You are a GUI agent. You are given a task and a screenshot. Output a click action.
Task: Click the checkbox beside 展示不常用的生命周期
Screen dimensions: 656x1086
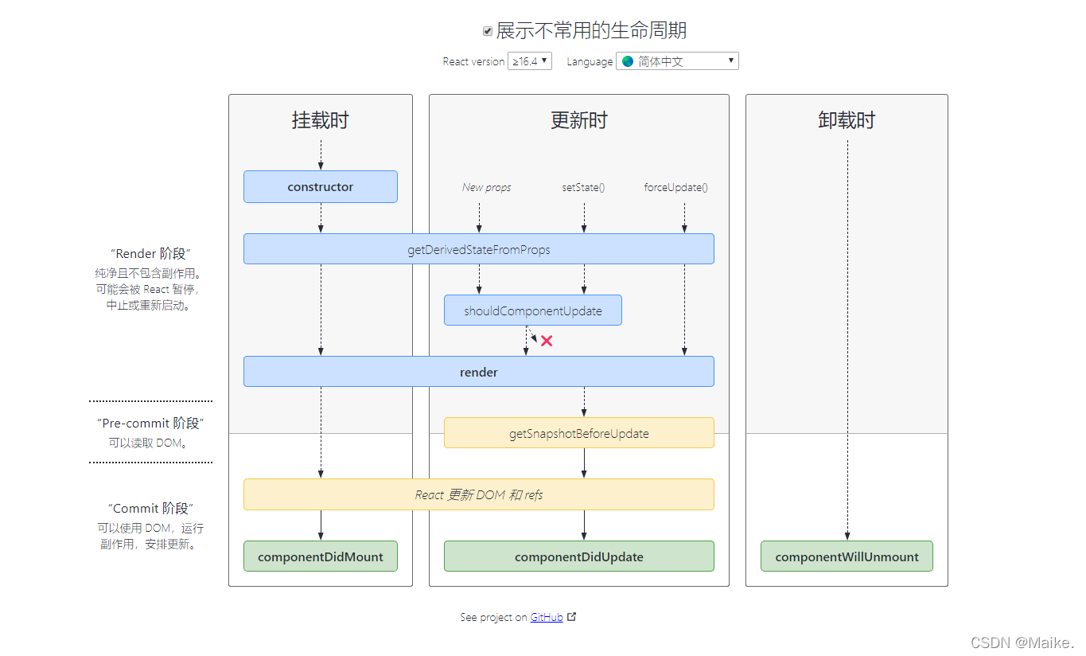pos(488,31)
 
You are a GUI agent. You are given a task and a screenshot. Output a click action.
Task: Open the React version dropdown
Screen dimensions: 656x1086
pos(530,61)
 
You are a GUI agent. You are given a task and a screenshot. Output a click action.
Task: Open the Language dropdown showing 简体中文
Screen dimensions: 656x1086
pos(677,61)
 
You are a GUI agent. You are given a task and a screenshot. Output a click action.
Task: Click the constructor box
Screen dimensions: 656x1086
pos(320,187)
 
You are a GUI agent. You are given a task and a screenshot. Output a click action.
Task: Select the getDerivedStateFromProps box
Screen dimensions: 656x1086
pos(478,249)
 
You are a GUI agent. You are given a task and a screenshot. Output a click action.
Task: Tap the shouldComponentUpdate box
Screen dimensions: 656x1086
pos(532,310)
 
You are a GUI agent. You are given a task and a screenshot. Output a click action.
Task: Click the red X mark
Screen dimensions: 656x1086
pos(547,341)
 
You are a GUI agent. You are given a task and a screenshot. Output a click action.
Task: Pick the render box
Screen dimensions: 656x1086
pos(478,372)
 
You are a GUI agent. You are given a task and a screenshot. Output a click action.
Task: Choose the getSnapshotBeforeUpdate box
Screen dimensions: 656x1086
pos(578,433)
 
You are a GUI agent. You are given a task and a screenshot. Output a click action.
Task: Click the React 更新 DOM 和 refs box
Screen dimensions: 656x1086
pos(478,494)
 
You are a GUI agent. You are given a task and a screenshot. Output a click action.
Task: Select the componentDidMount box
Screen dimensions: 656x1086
pos(320,556)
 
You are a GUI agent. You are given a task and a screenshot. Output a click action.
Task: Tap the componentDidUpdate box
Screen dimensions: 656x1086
pos(578,556)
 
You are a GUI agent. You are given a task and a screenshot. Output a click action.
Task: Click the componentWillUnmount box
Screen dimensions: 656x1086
pos(847,556)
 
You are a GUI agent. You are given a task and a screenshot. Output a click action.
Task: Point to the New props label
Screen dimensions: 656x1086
pos(486,188)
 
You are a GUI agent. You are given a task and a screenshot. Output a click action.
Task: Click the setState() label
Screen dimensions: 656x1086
pos(583,188)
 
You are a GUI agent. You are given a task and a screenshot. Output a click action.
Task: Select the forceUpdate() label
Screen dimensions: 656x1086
pos(675,188)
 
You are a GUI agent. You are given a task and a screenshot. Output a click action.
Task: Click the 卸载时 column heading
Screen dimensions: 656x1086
pos(847,120)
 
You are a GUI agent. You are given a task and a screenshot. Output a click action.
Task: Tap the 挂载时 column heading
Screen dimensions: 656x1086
pos(320,120)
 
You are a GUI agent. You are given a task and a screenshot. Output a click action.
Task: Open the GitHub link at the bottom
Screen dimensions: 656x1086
pos(547,617)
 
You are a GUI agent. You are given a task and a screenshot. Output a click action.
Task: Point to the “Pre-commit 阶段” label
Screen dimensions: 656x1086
pos(150,424)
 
